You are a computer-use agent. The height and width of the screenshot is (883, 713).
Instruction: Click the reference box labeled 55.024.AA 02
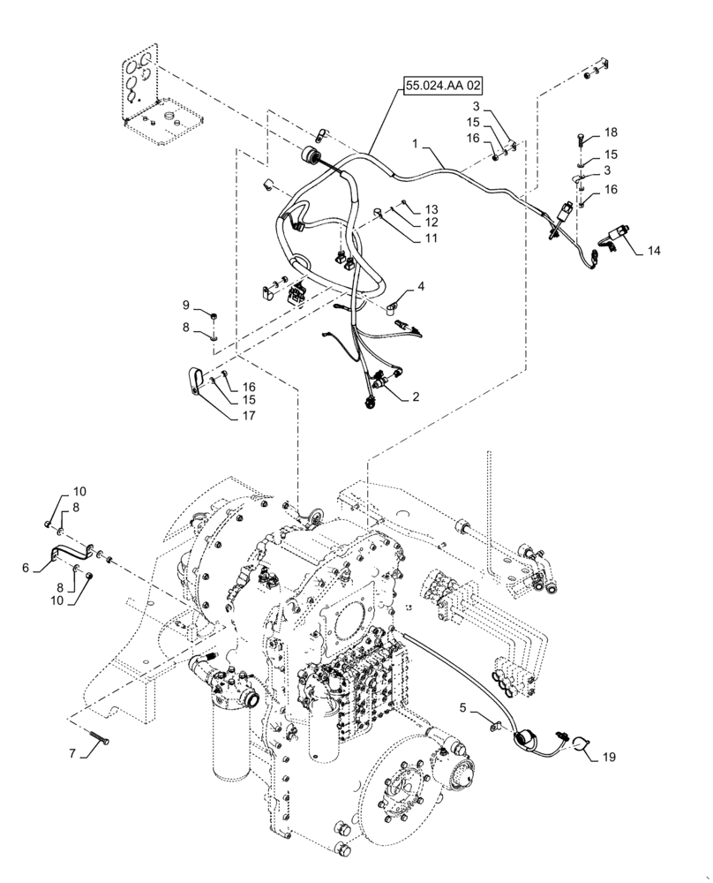[x=445, y=87]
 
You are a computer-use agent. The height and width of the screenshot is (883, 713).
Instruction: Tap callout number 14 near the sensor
[x=652, y=251]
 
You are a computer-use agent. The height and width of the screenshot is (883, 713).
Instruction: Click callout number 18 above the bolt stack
[x=612, y=133]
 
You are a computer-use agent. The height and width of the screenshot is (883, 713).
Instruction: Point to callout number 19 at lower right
[x=609, y=757]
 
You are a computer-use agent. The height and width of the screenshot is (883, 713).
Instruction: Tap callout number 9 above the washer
[x=186, y=305]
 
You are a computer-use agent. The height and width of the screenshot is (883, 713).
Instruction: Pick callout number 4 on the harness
[x=421, y=286]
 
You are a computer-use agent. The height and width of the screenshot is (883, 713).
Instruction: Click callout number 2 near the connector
[x=414, y=398]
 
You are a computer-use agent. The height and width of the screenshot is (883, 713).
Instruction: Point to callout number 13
[x=430, y=208]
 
